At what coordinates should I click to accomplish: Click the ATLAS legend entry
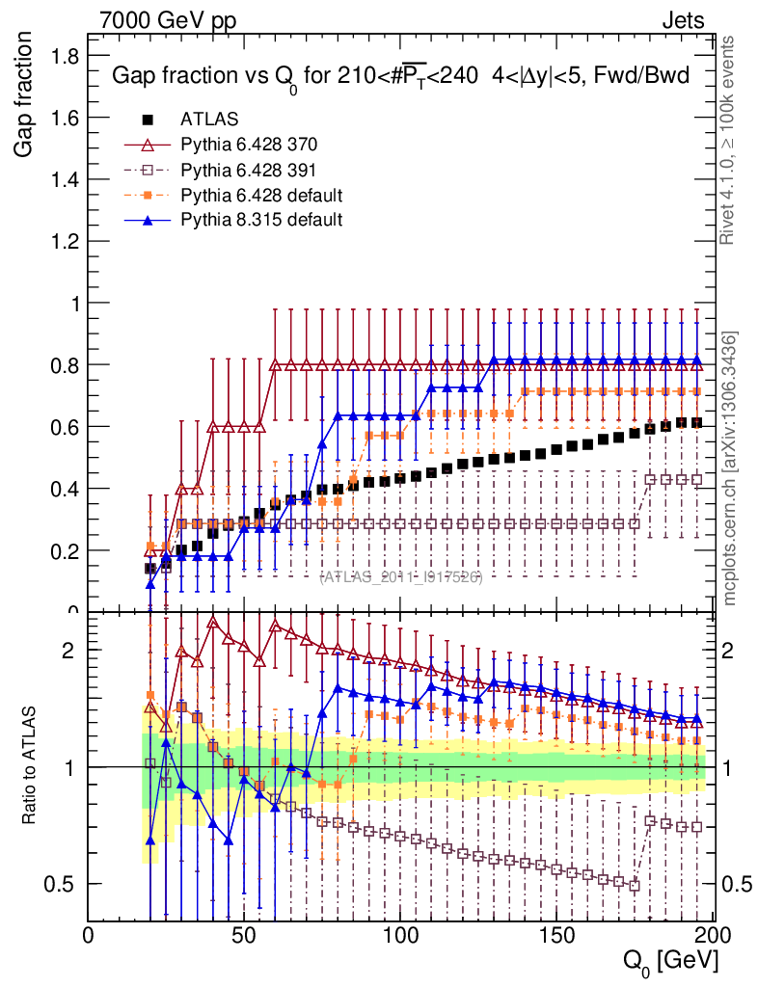click(x=209, y=120)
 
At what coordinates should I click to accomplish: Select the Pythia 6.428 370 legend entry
click(x=249, y=145)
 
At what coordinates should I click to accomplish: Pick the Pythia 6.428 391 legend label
click(x=249, y=170)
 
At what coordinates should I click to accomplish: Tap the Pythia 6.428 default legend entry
click(x=260, y=195)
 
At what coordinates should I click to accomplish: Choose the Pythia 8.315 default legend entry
click(x=260, y=220)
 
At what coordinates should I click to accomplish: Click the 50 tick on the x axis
click(x=245, y=934)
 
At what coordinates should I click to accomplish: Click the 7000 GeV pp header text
click(x=168, y=20)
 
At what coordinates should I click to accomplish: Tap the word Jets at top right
click(x=683, y=20)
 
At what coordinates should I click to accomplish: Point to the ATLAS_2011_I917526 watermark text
click(x=401, y=576)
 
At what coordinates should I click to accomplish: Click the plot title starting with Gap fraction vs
click(x=400, y=77)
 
